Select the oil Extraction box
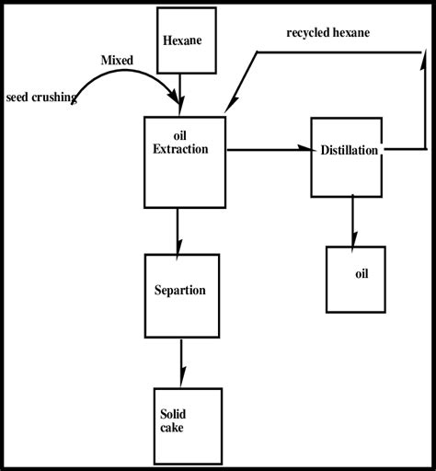click(x=185, y=161)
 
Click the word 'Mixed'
click(x=118, y=60)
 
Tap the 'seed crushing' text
click(x=40, y=96)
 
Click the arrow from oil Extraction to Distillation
click(x=268, y=149)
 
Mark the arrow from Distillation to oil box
click(x=353, y=221)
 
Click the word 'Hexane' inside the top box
click(x=181, y=40)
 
